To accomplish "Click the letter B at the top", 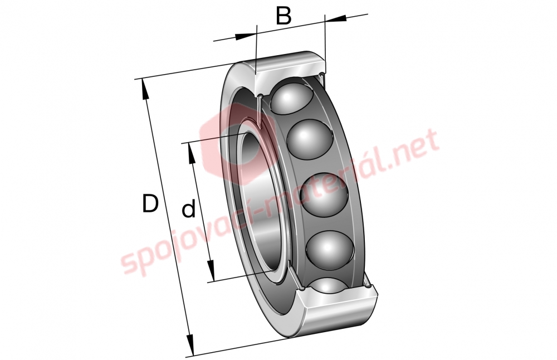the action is click(x=284, y=16).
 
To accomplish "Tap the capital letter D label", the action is click(x=150, y=203).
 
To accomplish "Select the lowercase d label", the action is click(x=189, y=208).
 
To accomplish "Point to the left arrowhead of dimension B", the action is click(x=245, y=36).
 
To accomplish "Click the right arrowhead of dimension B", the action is click(x=335, y=18).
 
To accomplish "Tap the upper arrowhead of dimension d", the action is click(x=192, y=153).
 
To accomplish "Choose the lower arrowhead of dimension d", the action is click(x=211, y=270).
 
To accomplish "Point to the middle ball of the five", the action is click(x=324, y=194).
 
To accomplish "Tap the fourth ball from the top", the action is click(x=330, y=249).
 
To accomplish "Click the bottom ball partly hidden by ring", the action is click(x=329, y=285).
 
